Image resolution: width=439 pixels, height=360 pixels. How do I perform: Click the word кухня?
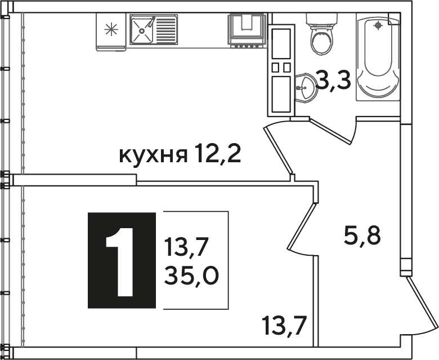click(x=153, y=155)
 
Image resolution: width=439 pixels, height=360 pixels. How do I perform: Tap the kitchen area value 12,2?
click(x=218, y=153)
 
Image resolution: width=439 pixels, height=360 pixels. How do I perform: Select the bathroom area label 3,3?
click(x=333, y=80)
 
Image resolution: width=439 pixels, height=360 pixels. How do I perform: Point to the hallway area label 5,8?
click(x=362, y=235)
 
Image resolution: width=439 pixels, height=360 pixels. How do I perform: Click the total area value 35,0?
click(x=191, y=275)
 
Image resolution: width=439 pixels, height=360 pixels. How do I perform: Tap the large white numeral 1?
click(x=120, y=262)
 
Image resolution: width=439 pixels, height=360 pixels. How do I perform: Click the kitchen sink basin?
click(x=142, y=30)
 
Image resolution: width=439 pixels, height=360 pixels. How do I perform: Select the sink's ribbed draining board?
click(x=165, y=30)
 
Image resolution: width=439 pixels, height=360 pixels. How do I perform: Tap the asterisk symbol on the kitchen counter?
click(x=111, y=29)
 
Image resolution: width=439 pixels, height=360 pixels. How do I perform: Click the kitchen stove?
click(x=247, y=30)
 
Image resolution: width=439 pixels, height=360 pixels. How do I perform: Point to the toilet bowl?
click(x=322, y=43)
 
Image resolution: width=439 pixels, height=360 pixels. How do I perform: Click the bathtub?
click(x=378, y=57)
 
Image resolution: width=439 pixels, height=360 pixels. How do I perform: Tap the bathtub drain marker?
click(x=378, y=25)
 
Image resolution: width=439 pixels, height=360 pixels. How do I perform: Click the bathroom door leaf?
click(x=330, y=131)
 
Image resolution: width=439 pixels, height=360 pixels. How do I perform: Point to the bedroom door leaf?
click(x=302, y=227)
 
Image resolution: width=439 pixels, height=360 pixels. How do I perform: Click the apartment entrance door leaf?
click(x=423, y=303)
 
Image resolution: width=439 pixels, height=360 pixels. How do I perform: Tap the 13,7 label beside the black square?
click(x=186, y=247)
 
